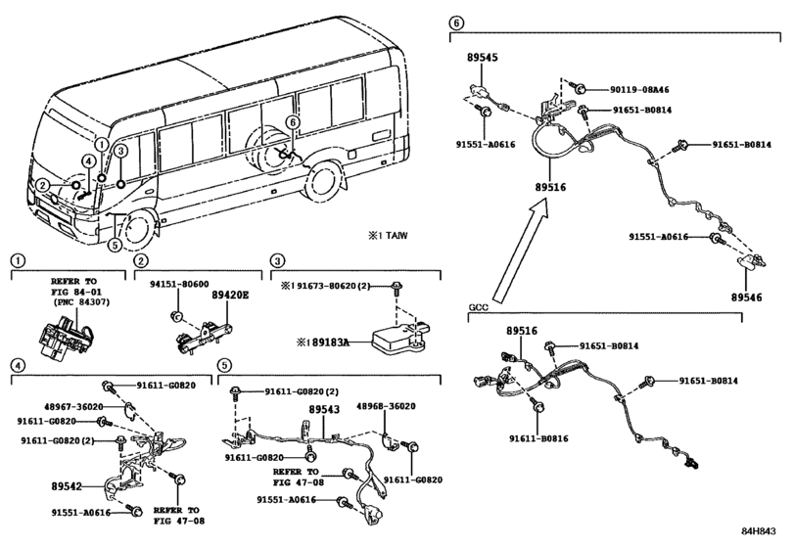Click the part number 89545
pos(482,57)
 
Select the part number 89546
pos(746,297)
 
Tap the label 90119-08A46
pos(639,90)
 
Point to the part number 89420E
pos(230,295)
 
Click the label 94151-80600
pos(179,285)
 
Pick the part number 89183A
pos(331,342)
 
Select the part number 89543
pos(325,409)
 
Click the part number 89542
pos(67,486)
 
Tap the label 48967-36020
pos(73,406)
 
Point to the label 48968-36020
pos(386,406)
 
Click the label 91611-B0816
pos(538,438)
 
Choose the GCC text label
pos(479,307)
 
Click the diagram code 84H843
pos(759,530)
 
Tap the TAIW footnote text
pos(397,235)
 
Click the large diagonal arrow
pos(521,251)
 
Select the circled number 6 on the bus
pos(292,122)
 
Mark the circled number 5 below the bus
pos(116,246)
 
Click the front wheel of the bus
pos(135,229)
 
